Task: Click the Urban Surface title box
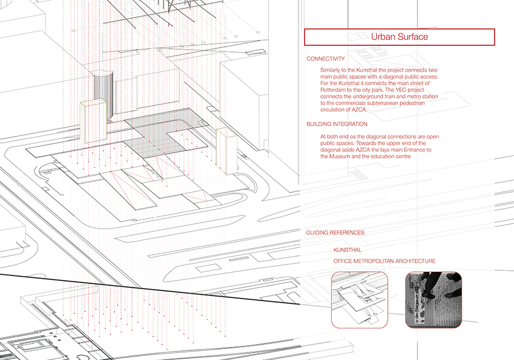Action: coord(399,37)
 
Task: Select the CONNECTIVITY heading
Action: coord(326,59)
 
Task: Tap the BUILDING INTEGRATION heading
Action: coord(337,124)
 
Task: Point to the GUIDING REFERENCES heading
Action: coord(335,233)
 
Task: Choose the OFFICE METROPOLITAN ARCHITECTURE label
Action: coord(384,261)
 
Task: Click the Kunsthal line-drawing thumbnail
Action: coord(360,299)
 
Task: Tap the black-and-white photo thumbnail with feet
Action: coord(433,299)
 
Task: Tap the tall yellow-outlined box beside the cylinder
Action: coord(94,122)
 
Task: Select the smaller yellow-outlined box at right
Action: coord(227,150)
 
